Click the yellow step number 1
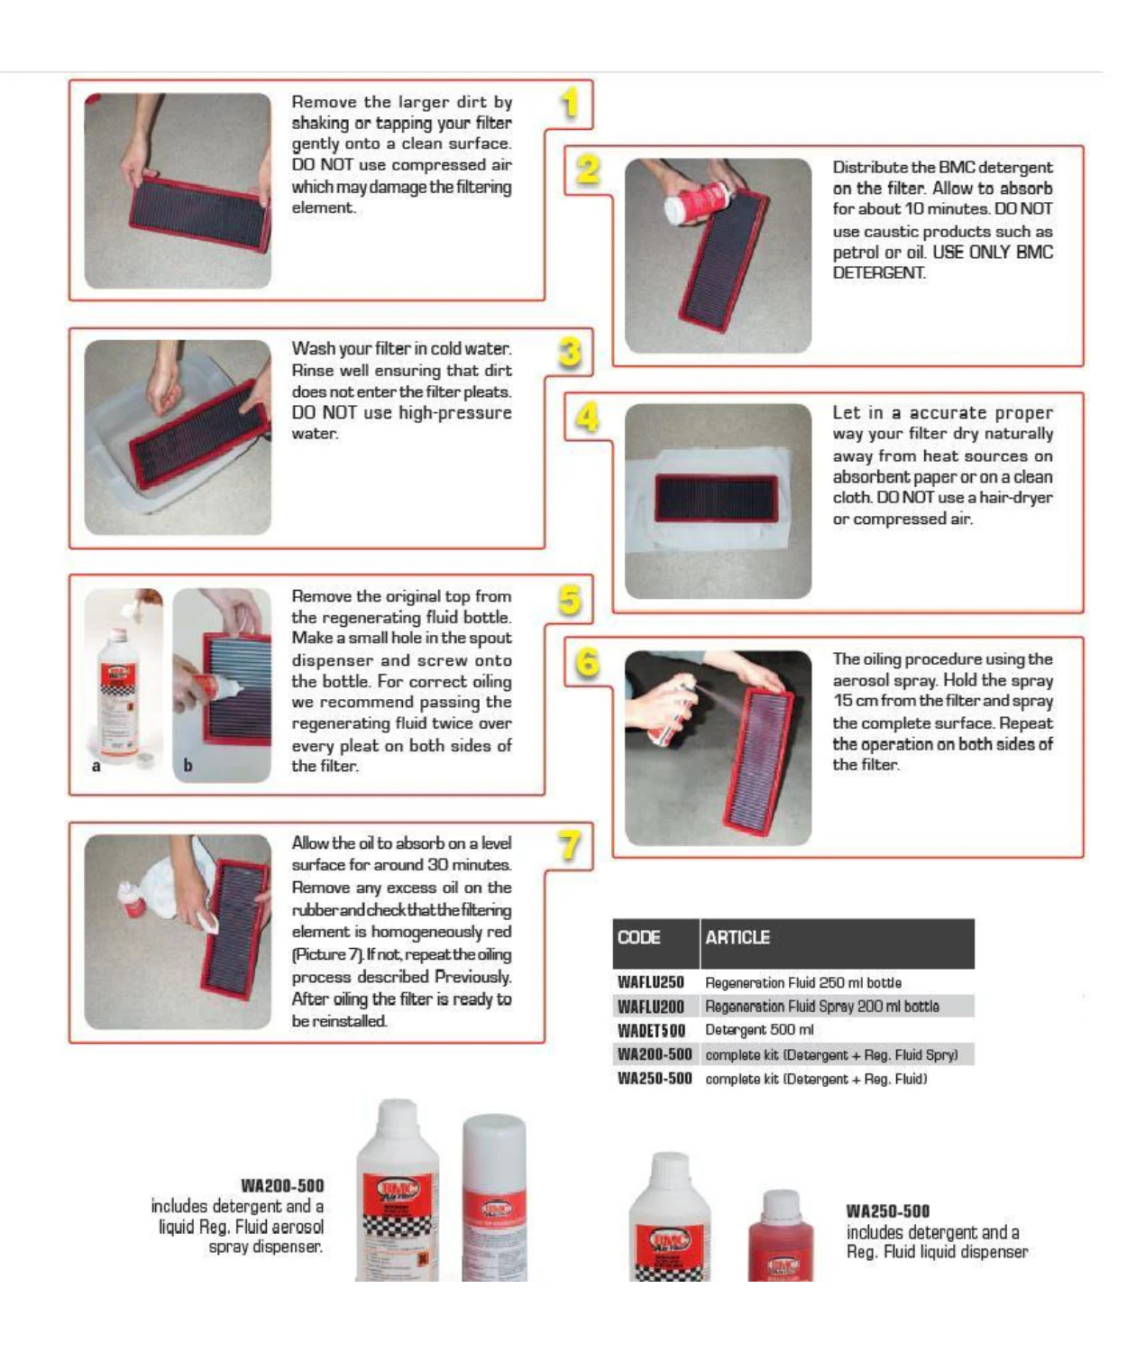569,103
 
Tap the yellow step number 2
588,170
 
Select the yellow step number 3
570,352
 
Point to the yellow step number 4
588,417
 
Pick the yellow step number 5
570,600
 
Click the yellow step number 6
588,663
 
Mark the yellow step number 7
570,846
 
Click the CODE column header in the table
639,938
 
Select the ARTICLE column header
738,938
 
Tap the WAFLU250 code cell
651,982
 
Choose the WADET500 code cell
651,1030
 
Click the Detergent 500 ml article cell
759,1030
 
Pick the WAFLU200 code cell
651,1007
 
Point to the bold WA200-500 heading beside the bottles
282,1185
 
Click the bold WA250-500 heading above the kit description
887,1211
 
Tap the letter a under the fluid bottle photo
96,767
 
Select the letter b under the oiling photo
188,766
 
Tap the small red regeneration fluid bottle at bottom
781,1236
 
